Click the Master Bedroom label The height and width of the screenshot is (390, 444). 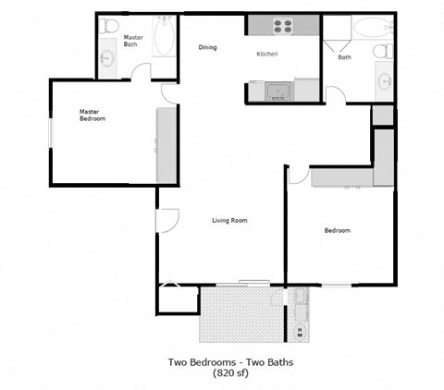[x=92, y=116]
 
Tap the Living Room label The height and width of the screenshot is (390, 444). [x=229, y=220]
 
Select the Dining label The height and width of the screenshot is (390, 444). [x=208, y=48]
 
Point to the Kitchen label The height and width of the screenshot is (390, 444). [x=267, y=55]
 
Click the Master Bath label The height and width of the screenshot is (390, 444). [x=133, y=41]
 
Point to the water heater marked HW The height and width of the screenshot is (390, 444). [x=301, y=330]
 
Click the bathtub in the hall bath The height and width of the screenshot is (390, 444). [x=370, y=29]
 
